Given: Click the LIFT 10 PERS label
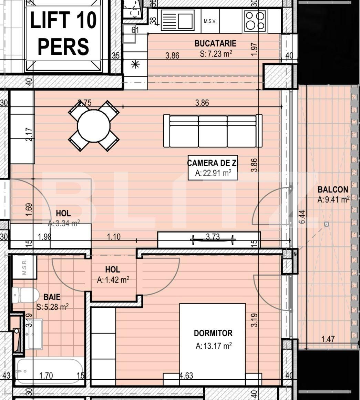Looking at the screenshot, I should pyautogui.click(x=63, y=33).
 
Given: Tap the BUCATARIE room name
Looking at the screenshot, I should pyautogui.click(x=215, y=43).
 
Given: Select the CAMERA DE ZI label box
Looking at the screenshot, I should pyautogui.click(x=213, y=167).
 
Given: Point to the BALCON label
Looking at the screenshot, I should pyautogui.click(x=332, y=189).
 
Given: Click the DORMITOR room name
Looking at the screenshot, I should pyautogui.click(x=213, y=333).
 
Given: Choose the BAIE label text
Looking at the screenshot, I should pyautogui.click(x=52, y=297).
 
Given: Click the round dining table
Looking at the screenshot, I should pyautogui.click(x=94, y=126).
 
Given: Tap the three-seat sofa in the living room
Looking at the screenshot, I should pyautogui.click(x=213, y=131).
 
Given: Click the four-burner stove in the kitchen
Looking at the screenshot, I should pyautogui.click(x=255, y=20).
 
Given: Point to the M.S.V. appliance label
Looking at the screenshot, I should pyautogui.click(x=210, y=21).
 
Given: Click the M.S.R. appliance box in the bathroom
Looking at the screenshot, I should pyautogui.click(x=24, y=267).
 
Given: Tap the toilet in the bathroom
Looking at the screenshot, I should pyautogui.click(x=26, y=295).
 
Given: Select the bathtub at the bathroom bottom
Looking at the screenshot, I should pyautogui.click(x=49, y=371).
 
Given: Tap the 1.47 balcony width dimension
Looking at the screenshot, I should pyautogui.click(x=328, y=339).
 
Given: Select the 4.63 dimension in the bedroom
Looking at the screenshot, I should pyautogui.click(x=186, y=376).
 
